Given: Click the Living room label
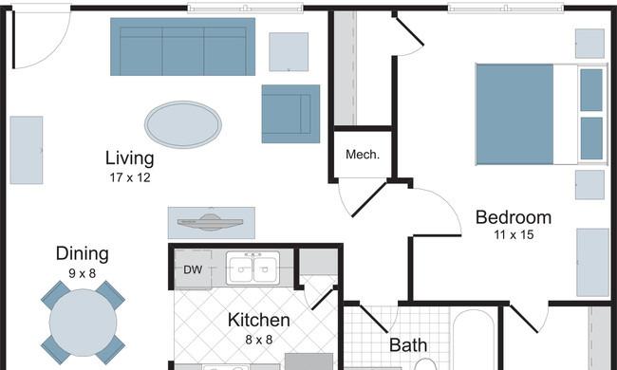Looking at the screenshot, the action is tap(129, 158).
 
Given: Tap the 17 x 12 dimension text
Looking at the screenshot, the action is tap(130, 177).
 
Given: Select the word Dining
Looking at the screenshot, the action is tap(83, 254).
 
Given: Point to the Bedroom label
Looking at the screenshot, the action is tap(514, 217).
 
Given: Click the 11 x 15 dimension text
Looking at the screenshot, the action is tap(514, 234).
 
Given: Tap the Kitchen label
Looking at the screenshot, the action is tap(259, 320).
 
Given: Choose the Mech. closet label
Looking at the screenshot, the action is tap(363, 155).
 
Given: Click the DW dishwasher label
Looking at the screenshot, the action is tap(193, 269).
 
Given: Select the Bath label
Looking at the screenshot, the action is tap(408, 345).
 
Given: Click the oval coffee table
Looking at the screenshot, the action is tap(183, 124).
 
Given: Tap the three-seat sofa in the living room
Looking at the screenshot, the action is tap(182, 46).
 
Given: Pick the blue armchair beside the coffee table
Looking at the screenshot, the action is tap(290, 114).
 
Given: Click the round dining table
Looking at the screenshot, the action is tap(83, 323).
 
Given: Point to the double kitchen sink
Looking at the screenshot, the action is tap(253, 268).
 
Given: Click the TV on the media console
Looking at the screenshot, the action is tap(211, 223).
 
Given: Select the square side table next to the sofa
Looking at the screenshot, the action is tap(289, 52).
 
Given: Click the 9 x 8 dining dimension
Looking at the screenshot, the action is tap(83, 273).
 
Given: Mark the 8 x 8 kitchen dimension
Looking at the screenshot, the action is tap(259, 340).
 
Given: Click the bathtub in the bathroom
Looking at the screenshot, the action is tap(474, 341).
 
